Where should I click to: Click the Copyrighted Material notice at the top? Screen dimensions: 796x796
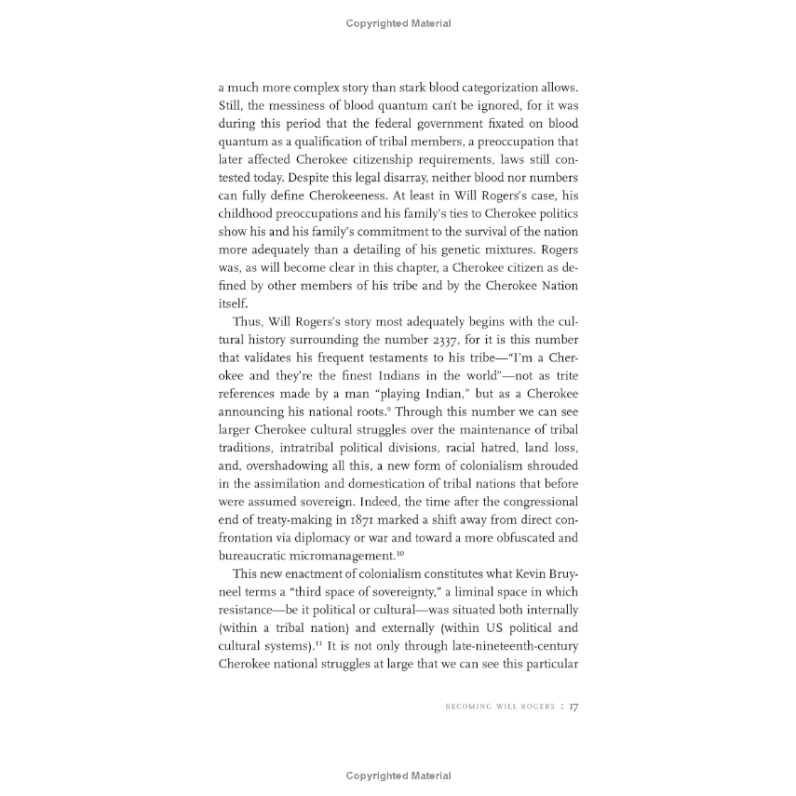(398, 24)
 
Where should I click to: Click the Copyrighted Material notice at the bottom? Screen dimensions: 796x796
(398, 776)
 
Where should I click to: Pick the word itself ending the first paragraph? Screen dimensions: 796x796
(233, 304)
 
